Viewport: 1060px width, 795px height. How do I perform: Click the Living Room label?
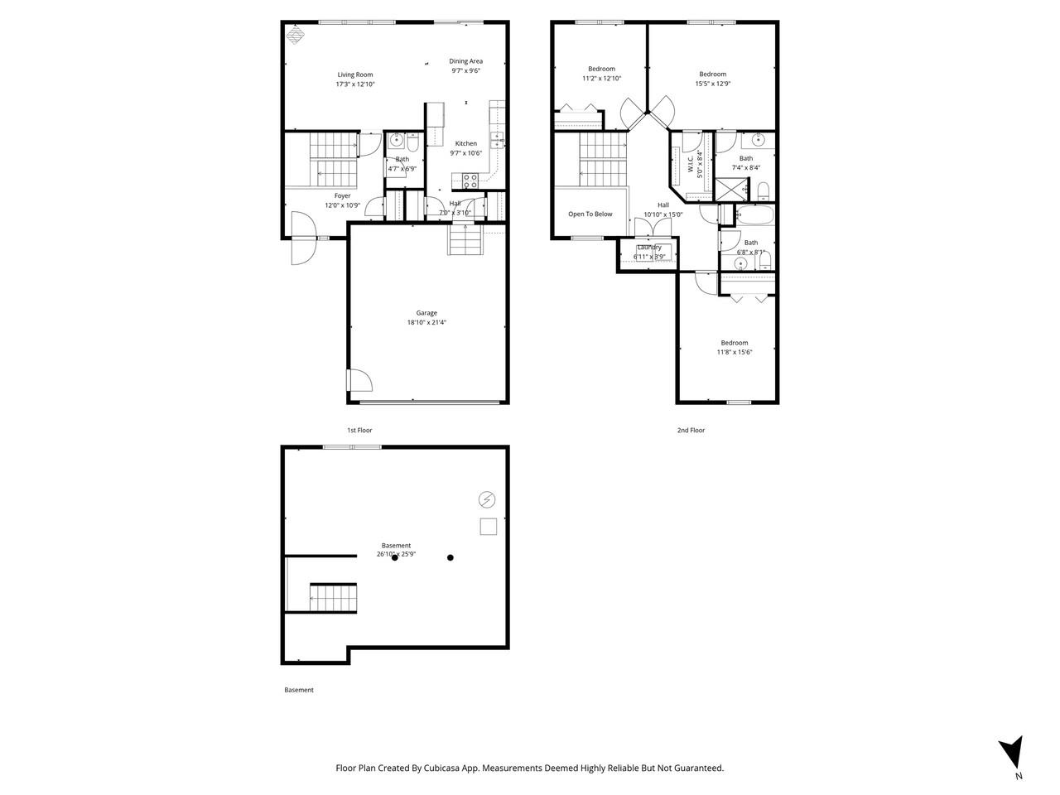pos(354,75)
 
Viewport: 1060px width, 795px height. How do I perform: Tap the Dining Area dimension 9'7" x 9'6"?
pos(465,71)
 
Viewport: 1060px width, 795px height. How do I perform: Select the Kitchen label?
pos(465,143)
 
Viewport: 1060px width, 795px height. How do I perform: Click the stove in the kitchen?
pos(470,181)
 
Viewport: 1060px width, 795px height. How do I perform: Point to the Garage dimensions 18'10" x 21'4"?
pos(426,323)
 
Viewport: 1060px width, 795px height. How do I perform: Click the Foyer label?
pos(342,195)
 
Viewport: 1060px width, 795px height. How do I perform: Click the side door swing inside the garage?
pos(359,380)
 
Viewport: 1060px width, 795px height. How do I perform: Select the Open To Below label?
pos(590,214)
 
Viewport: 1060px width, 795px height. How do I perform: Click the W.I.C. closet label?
pos(691,165)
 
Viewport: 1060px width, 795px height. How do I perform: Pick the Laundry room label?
pos(648,247)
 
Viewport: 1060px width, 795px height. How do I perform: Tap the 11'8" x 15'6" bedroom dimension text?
pos(734,353)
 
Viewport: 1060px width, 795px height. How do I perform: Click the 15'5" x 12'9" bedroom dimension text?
pos(712,84)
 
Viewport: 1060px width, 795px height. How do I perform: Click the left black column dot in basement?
pos(395,557)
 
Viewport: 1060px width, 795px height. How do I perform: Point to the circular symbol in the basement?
pos(487,499)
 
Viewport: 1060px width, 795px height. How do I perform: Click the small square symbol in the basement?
pos(488,527)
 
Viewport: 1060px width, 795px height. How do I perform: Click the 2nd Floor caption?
pos(691,430)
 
